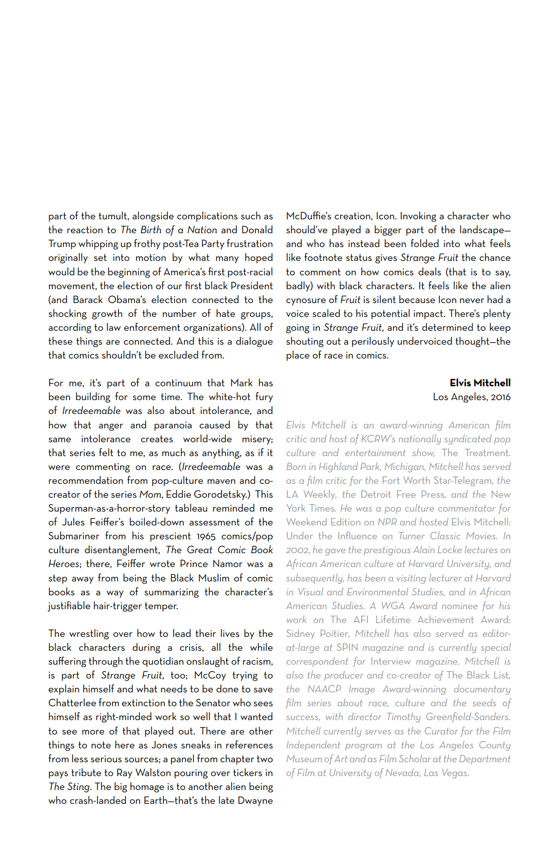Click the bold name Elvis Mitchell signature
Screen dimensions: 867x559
point(480,383)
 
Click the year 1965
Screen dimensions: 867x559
point(206,537)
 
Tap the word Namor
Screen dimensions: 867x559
point(228,564)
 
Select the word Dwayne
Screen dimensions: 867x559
point(255,801)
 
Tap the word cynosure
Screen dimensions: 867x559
point(305,300)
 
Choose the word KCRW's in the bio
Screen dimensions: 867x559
point(378,439)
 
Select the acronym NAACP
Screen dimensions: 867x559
point(324,689)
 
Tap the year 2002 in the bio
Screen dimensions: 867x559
point(297,550)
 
